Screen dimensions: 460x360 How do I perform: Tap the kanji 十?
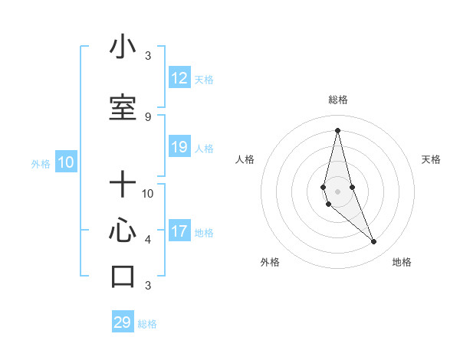[123, 185]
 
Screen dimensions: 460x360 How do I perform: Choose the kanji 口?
[123, 277]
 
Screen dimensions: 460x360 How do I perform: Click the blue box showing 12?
[179, 78]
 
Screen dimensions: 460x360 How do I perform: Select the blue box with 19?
[179, 147]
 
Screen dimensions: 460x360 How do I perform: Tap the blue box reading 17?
[179, 231]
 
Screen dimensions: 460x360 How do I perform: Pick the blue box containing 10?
[65, 162]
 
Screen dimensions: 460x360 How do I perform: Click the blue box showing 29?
[123, 322]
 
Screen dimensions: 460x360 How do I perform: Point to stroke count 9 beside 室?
[148, 116]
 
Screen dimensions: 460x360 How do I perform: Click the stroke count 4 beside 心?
[148, 240]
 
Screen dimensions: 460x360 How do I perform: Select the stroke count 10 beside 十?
[148, 193]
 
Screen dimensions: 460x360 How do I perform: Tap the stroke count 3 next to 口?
[148, 286]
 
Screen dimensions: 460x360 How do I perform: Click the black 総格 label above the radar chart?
[337, 100]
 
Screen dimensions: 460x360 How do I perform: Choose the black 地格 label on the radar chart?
[402, 262]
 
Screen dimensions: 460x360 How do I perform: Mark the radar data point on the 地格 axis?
[374, 242]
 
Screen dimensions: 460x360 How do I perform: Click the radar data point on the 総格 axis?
[337, 130]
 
